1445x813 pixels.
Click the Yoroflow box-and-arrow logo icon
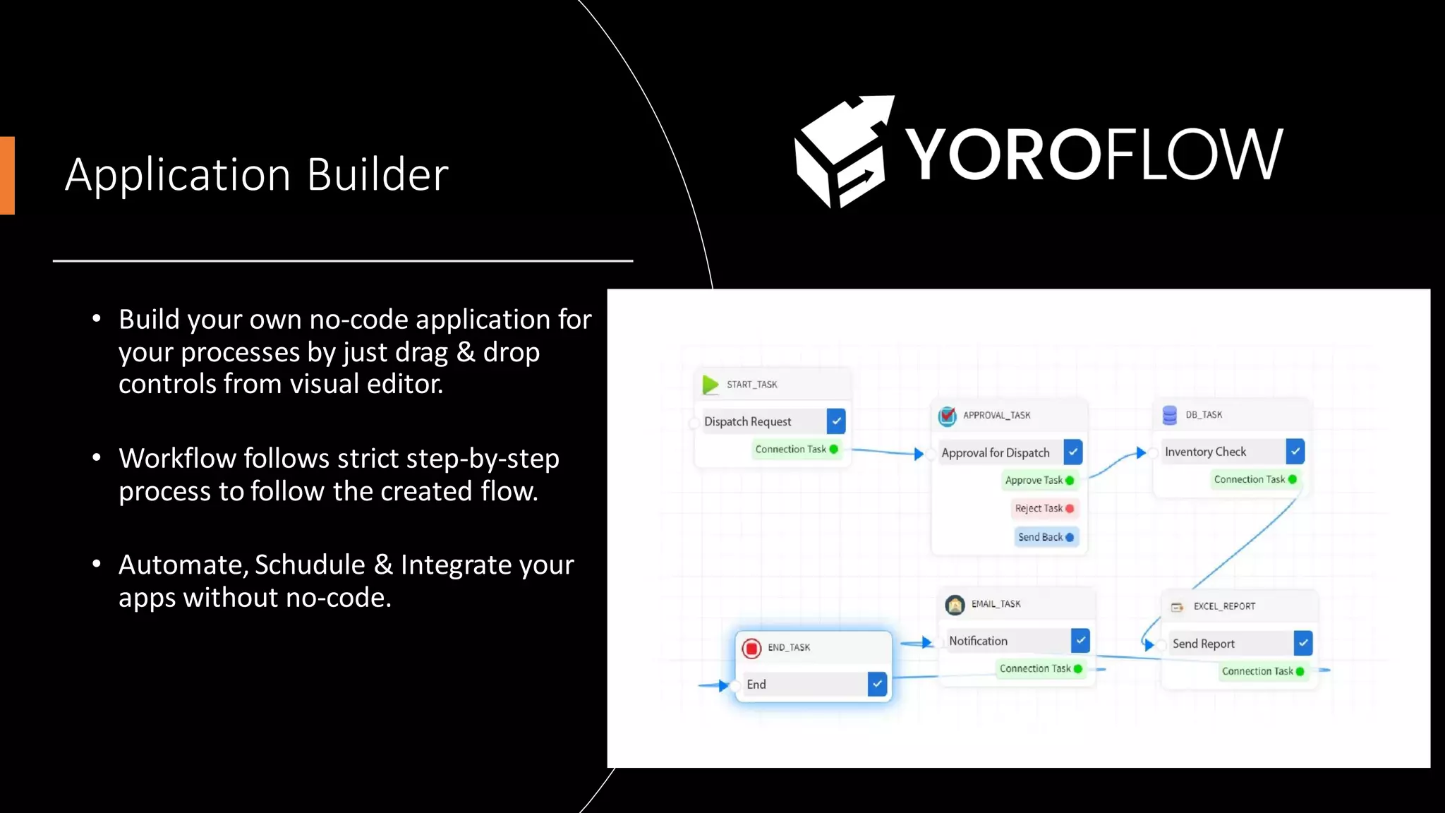(x=841, y=152)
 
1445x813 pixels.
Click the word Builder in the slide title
(x=377, y=175)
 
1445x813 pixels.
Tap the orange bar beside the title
(x=7, y=175)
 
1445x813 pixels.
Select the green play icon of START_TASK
(x=711, y=385)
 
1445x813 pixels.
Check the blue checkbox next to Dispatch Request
(x=836, y=421)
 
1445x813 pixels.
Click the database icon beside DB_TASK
(x=1169, y=415)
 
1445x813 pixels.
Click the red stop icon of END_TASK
(x=751, y=648)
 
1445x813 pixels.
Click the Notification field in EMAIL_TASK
(x=1006, y=641)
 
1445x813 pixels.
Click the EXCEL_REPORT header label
(x=1224, y=606)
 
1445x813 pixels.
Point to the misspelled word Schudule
(x=310, y=565)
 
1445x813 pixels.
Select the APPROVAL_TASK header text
(x=996, y=416)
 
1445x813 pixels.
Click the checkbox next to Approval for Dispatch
(x=1073, y=452)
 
